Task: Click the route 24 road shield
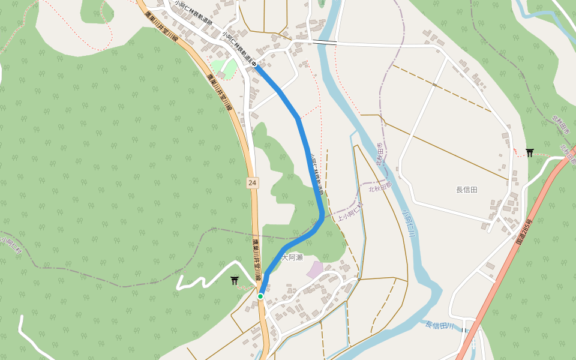252,182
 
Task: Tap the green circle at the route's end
260,296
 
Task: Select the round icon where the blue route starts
255,64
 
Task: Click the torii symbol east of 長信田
529,152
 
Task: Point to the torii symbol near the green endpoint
234,280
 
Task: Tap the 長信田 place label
466,190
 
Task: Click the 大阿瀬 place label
292,257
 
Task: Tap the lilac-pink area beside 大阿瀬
316,269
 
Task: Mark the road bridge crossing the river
324,43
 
